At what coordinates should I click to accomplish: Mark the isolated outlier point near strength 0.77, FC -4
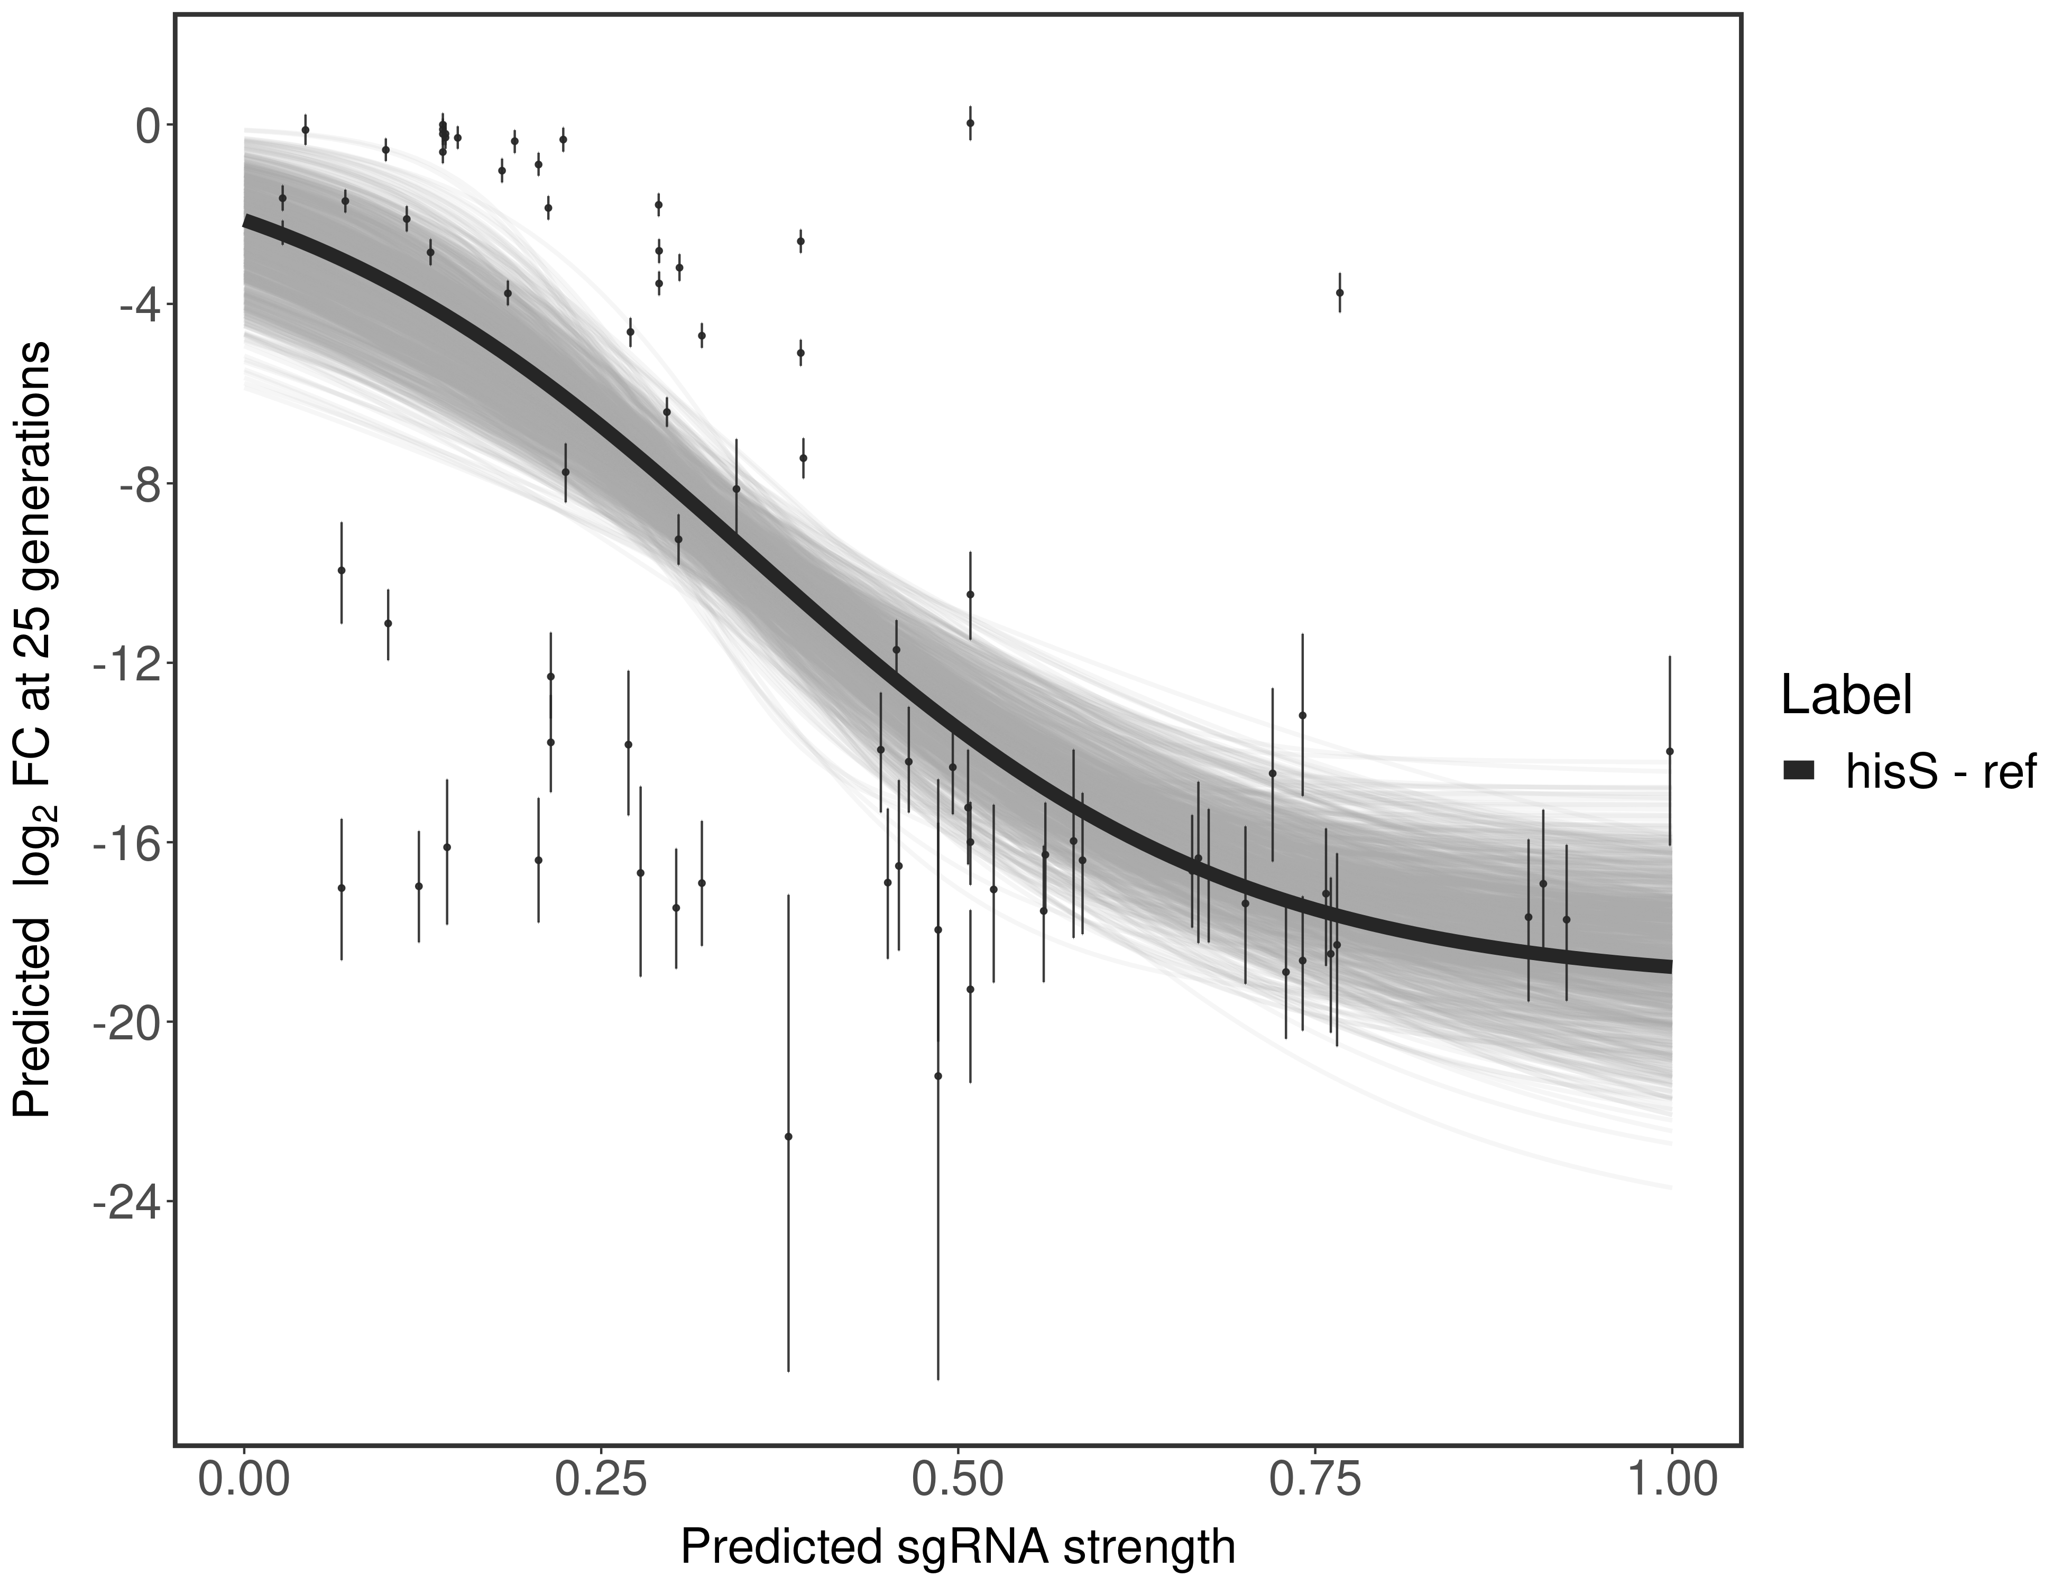(1339, 293)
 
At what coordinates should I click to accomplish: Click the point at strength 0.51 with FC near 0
(970, 123)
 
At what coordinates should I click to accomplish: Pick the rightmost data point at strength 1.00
(1669, 751)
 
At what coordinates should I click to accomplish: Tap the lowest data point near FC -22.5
(788, 1137)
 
